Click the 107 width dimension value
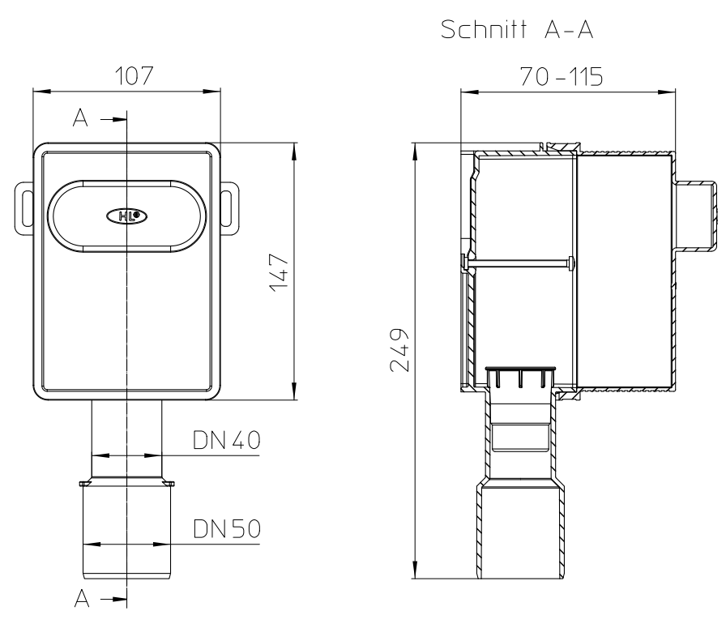coord(134,76)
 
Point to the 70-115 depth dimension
coord(562,76)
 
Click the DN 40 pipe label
coord(226,440)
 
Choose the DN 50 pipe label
coord(226,528)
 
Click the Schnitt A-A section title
coord(517,30)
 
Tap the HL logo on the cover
coord(127,216)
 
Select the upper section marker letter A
coord(80,117)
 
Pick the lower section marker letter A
coord(82,598)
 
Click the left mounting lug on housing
coord(24,208)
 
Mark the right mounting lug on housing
coord(229,208)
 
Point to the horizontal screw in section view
coord(518,263)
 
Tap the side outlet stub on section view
coord(696,216)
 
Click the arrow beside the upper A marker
coord(113,119)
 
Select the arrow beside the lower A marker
coord(113,600)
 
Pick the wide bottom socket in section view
coord(520,530)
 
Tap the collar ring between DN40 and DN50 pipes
coord(127,484)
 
